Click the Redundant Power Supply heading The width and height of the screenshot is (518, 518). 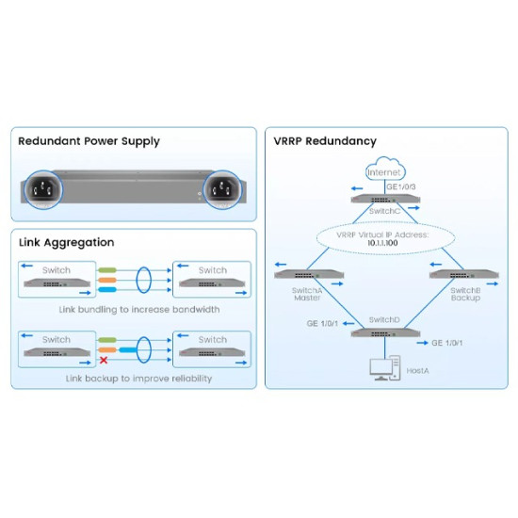89,141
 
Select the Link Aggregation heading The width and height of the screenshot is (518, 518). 67,243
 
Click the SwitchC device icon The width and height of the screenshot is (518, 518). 385,200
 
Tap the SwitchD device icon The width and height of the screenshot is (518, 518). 385,332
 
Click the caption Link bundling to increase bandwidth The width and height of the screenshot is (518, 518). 138,308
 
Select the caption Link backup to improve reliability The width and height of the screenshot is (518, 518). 138,378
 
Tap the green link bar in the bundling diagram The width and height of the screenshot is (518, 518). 108,270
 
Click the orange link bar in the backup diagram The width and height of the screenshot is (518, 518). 108,349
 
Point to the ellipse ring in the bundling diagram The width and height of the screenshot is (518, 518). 144,281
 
